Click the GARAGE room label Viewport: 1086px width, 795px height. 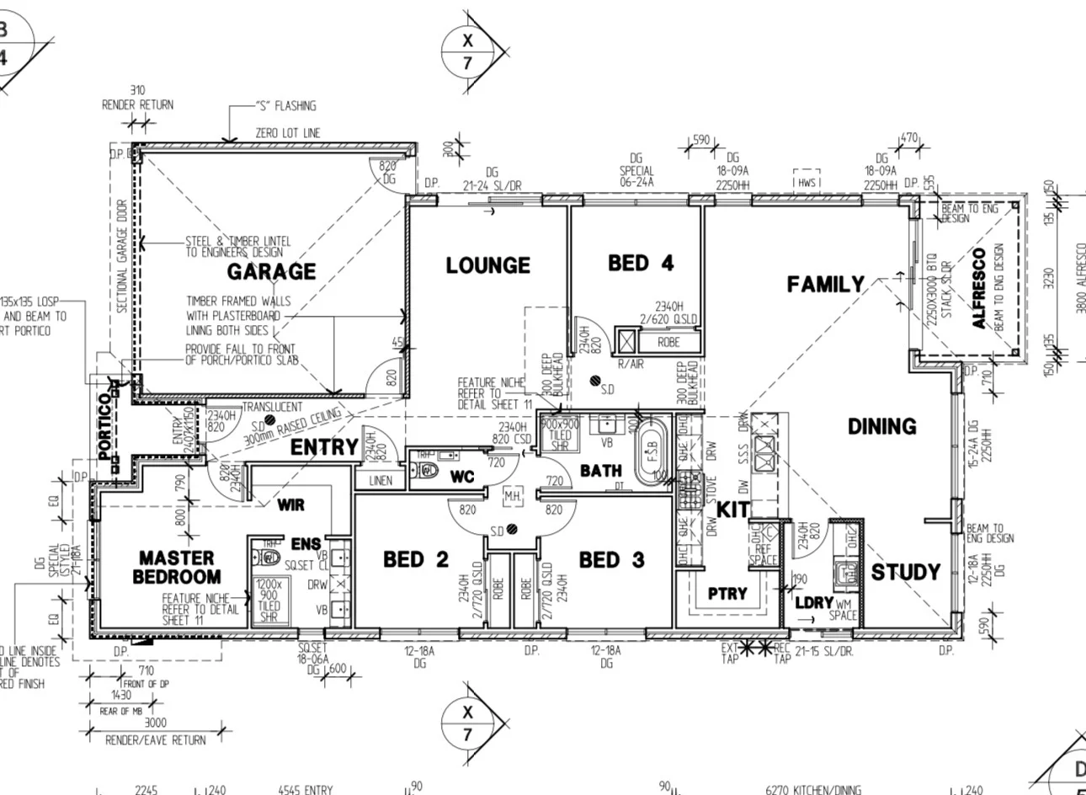coord(271,271)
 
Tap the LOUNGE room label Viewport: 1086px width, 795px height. coord(488,265)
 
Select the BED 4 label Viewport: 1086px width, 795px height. coord(641,263)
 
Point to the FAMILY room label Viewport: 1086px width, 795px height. coord(825,285)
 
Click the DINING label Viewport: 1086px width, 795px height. coord(881,426)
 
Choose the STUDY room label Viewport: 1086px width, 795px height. coord(905,573)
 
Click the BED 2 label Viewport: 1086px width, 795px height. coord(416,560)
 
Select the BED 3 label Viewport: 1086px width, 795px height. coord(612,560)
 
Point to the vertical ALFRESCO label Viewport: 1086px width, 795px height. coord(978,288)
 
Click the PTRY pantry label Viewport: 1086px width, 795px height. coord(727,593)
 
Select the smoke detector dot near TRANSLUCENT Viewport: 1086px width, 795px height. coord(269,419)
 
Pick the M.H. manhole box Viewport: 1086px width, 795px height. coord(512,498)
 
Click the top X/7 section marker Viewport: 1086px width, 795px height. coord(468,51)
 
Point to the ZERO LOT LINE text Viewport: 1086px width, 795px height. coord(288,133)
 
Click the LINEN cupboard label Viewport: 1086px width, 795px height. coord(381,481)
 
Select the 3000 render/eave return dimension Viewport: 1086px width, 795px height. coord(156,722)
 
